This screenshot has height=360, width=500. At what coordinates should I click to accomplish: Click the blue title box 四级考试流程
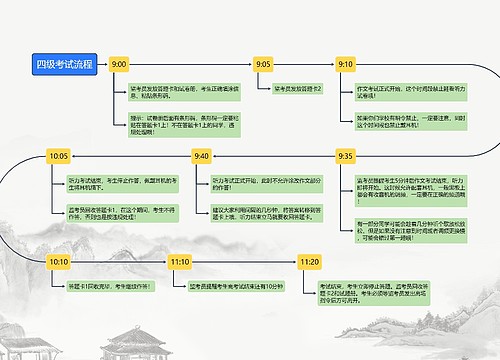[x=64, y=64]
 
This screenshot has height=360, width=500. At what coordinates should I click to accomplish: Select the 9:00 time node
[x=119, y=64]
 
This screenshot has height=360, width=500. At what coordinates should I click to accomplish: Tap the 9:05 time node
[x=264, y=64]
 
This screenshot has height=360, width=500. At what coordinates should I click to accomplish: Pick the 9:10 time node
[x=346, y=64]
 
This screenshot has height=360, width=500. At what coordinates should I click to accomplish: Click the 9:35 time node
[x=346, y=156]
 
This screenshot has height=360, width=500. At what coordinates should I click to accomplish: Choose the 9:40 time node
[x=201, y=156]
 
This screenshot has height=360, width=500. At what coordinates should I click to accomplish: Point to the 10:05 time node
[x=58, y=156]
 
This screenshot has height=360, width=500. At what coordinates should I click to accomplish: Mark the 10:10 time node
[x=58, y=261]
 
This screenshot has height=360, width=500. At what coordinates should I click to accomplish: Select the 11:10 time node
[x=180, y=261]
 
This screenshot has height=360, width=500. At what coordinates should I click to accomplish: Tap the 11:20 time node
[x=309, y=261]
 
